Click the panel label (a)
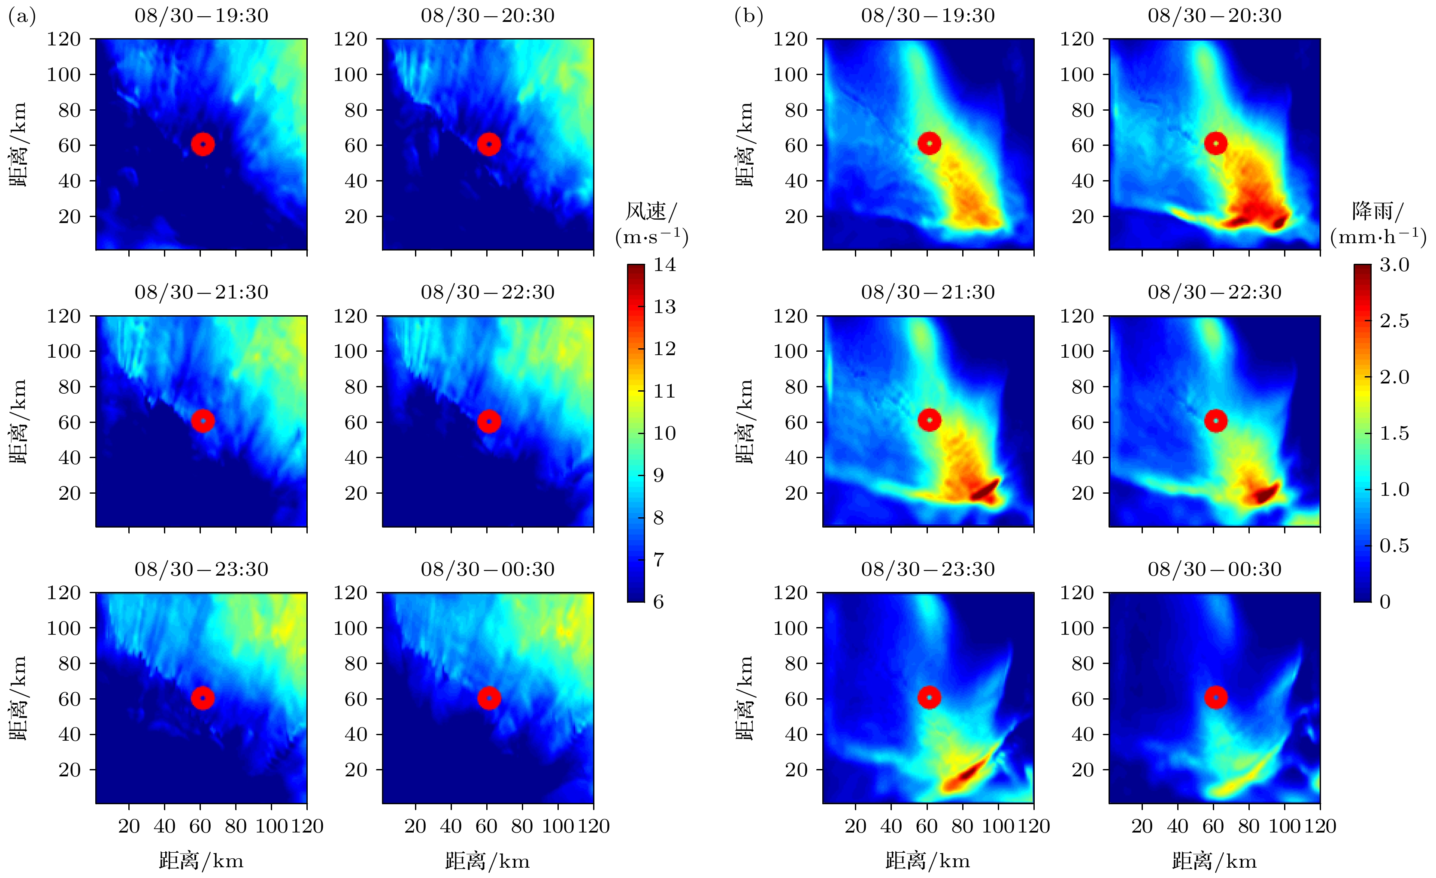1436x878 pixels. [21, 16]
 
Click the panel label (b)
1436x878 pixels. [748, 16]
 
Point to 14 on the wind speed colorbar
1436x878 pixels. [664, 265]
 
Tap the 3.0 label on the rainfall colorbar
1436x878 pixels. [1394, 265]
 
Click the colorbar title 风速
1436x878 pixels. [651, 211]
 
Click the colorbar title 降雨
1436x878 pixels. [1378, 211]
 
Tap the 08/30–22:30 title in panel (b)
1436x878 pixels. [1215, 293]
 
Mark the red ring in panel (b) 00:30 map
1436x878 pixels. [1216, 697]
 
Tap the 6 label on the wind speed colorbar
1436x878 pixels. [658, 602]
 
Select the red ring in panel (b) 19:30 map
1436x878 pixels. [929, 143]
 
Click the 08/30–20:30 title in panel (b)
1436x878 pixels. [1215, 16]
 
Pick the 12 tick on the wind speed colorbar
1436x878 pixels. [664, 349]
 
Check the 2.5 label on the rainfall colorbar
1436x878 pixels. [1394, 321]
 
